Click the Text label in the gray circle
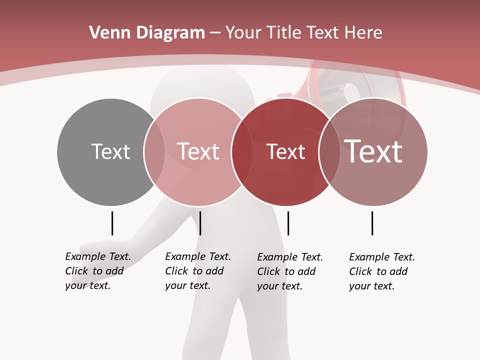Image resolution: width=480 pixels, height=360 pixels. (x=110, y=151)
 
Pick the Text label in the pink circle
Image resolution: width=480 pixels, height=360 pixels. (x=198, y=151)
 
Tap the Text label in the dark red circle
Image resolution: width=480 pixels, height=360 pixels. (x=285, y=152)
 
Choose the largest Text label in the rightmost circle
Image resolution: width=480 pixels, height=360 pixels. (x=373, y=151)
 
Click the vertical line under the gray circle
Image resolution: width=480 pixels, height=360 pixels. (x=112, y=223)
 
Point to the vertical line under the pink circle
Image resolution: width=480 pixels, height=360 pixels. (x=200, y=223)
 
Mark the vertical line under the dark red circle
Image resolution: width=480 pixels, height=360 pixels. (x=288, y=223)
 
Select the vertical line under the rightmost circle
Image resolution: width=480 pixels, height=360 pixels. (x=372, y=223)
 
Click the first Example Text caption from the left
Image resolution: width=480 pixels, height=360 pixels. (x=98, y=271)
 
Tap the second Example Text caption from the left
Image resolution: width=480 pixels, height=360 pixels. (x=198, y=271)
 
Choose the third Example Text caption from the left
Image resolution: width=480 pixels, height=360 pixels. (x=290, y=271)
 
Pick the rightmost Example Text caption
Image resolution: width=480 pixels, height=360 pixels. (x=382, y=271)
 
